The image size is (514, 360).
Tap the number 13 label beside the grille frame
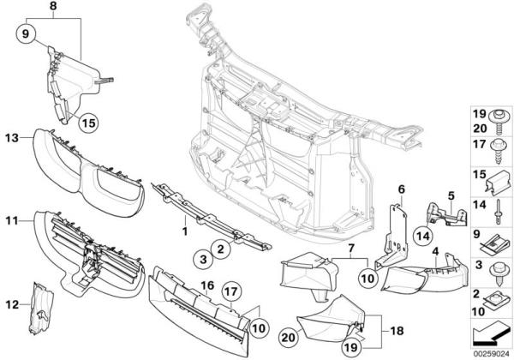11,137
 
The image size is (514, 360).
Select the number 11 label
11,220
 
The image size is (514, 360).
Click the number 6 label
399,189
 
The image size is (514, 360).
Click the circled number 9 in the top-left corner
25,33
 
